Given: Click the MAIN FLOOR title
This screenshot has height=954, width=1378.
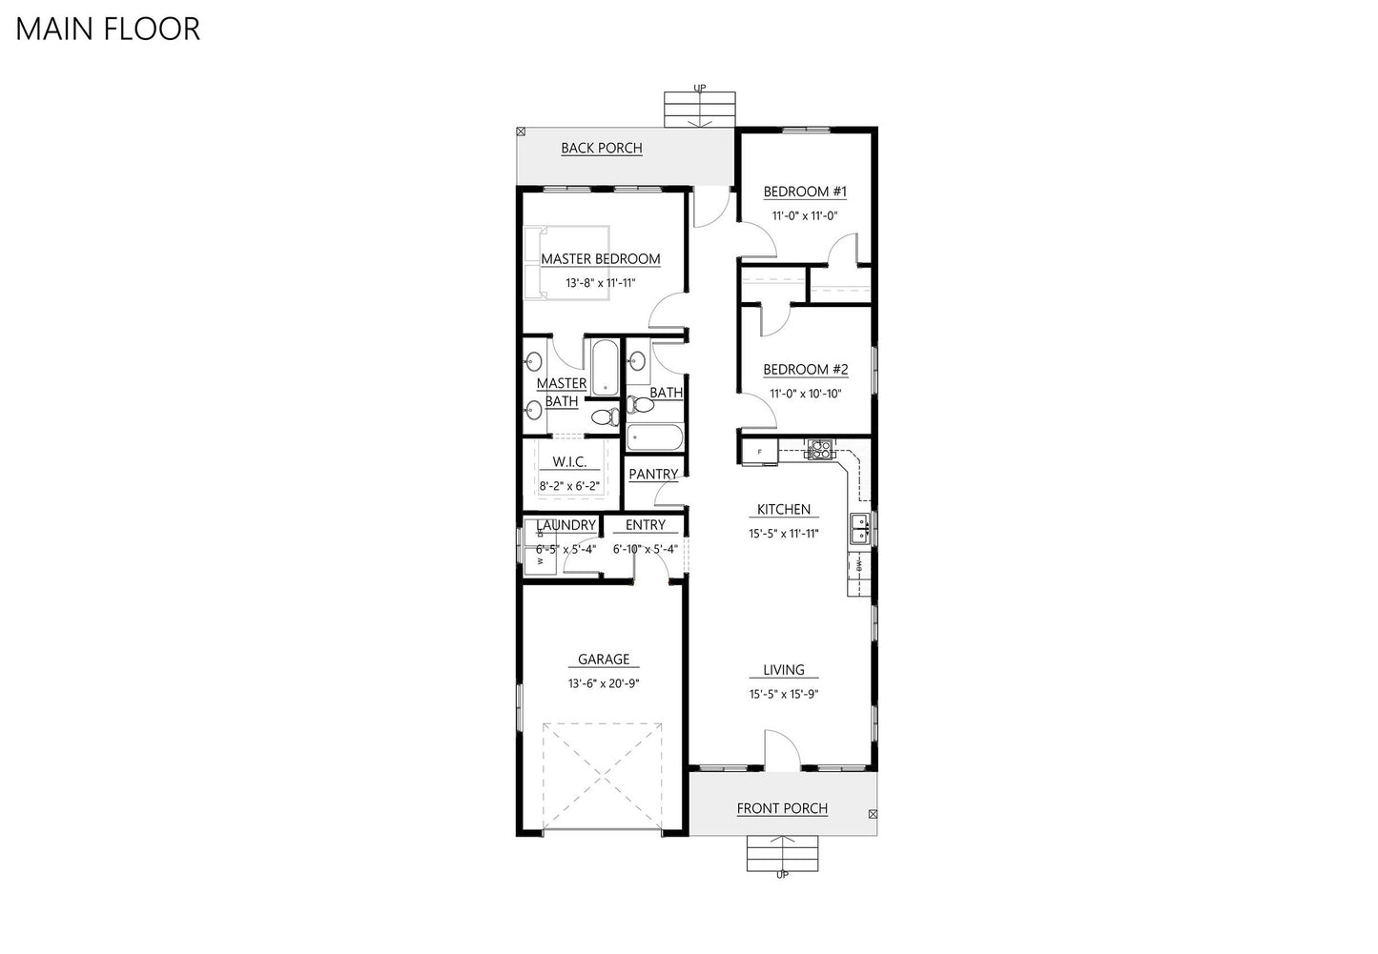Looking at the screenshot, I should [x=108, y=29].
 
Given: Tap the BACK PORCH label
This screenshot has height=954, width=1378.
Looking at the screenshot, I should [x=601, y=148].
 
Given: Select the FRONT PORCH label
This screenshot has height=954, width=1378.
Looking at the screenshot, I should [x=782, y=808].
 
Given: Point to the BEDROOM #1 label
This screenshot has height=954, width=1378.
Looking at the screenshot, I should [x=805, y=192].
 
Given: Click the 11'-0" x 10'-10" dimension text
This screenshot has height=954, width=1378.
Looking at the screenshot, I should [x=805, y=394].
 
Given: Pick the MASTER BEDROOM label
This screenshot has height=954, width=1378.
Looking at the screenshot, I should [x=600, y=258].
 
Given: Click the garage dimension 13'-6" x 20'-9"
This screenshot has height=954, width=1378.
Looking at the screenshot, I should [x=603, y=683].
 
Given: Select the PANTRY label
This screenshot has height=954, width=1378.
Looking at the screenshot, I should [x=653, y=474].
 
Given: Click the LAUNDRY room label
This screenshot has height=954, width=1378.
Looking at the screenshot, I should [x=566, y=525].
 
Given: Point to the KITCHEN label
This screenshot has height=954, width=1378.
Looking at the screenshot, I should [x=783, y=510].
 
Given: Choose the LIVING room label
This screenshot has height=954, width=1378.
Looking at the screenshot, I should [x=783, y=670].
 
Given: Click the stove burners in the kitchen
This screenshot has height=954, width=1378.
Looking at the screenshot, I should [x=819, y=449].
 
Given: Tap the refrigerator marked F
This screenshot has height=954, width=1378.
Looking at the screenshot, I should [x=760, y=451].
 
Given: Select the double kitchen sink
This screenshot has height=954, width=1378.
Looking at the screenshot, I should [x=860, y=528].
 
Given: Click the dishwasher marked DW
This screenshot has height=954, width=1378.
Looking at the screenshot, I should [x=859, y=566].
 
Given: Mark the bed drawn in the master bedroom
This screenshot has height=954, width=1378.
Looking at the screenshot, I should [x=566, y=262].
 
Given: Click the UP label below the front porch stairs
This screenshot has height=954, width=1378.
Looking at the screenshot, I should [x=782, y=875].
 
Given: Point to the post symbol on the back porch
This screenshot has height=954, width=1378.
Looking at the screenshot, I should [x=521, y=132].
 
